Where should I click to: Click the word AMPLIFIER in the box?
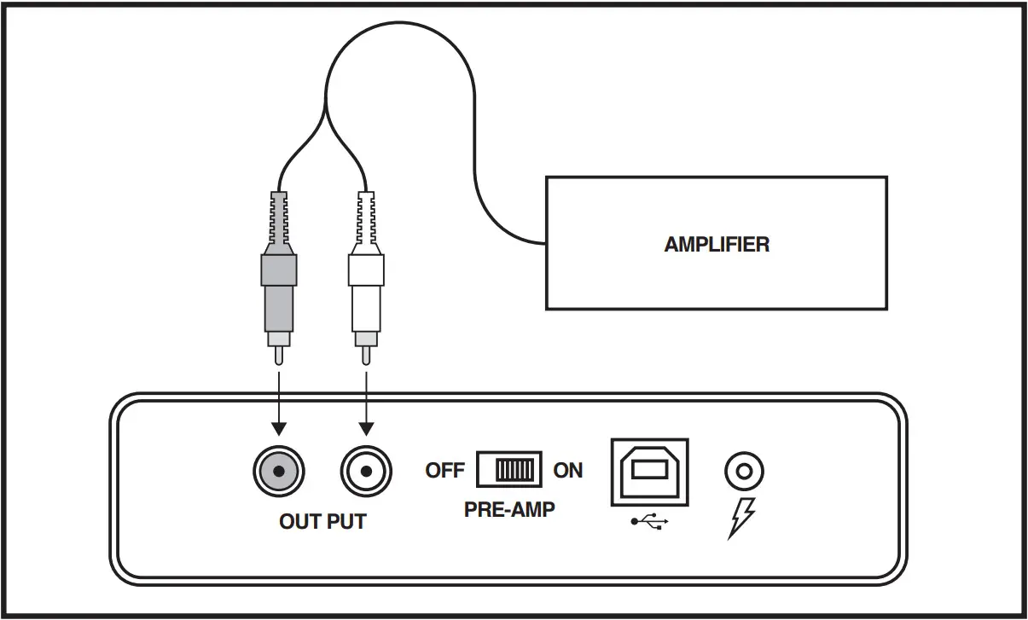717,244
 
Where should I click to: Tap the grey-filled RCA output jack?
279,472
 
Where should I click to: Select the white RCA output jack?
366,472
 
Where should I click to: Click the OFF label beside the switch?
444,471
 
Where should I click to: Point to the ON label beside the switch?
567,471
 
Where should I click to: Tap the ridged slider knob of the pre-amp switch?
514,470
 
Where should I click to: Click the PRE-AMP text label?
509,509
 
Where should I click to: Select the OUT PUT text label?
322,522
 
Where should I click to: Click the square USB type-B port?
649,472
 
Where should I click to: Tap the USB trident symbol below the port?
649,522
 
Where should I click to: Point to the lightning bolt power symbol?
741,519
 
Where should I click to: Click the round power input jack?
744,472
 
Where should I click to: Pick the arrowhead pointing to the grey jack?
279,429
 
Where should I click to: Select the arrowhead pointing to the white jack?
366,429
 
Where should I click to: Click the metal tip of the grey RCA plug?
279,356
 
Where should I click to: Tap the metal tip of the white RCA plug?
366,356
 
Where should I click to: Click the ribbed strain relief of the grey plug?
279,218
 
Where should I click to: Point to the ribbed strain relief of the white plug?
366,218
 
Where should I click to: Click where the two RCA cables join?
325,107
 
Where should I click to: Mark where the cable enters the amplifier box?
545,243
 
